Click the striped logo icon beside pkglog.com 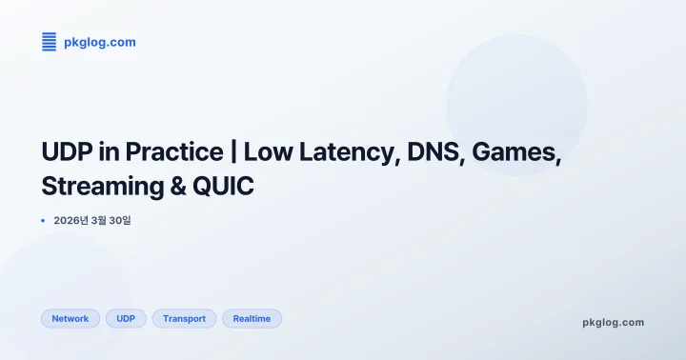pyautogui.click(x=50, y=41)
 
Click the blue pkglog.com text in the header pyautogui.click(x=99, y=42)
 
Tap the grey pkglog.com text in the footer pyautogui.click(x=613, y=322)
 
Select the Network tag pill pyautogui.click(x=71, y=319)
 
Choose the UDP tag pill pyautogui.click(x=126, y=319)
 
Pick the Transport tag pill pyautogui.click(x=184, y=319)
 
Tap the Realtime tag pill pyautogui.click(x=252, y=319)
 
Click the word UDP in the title pyautogui.click(x=66, y=151)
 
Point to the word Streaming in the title pyautogui.click(x=97, y=185)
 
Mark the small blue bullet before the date pyautogui.click(x=43, y=220)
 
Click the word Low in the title pyautogui.click(x=279, y=151)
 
